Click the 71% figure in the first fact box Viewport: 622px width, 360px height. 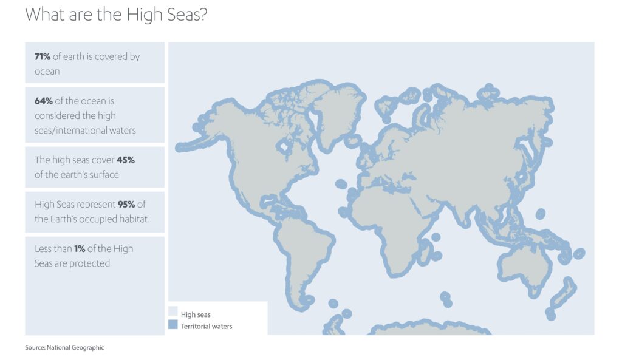(x=42, y=56)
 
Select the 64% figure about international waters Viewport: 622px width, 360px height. (x=43, y=101)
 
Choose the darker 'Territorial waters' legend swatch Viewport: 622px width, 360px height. (x=173, y=326)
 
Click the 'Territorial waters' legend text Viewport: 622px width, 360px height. (x=207, y=327)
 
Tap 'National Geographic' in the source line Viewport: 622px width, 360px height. (x=76, y=348)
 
